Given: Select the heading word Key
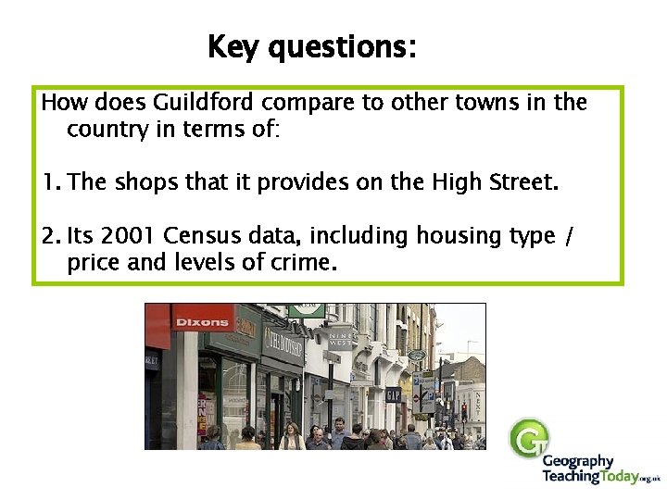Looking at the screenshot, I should (233, 46).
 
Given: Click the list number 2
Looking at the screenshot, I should (49, 237).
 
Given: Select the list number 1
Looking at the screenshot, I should (49, 182).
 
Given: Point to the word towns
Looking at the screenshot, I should (496, 103).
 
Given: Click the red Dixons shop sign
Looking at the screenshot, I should (201, 322).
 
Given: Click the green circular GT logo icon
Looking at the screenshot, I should (529, 438).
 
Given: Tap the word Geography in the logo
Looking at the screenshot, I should (577, 461).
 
